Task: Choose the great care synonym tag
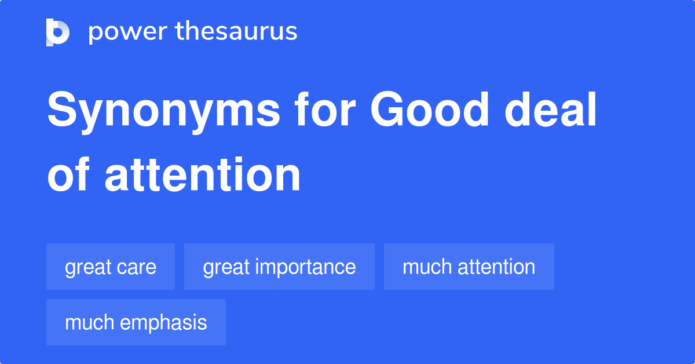point(111,267)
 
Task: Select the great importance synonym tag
point(279,267)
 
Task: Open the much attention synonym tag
point(469,267)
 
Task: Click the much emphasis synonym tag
point(136,322)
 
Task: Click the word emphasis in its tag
point(163,323)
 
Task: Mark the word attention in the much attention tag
point(496,267)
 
